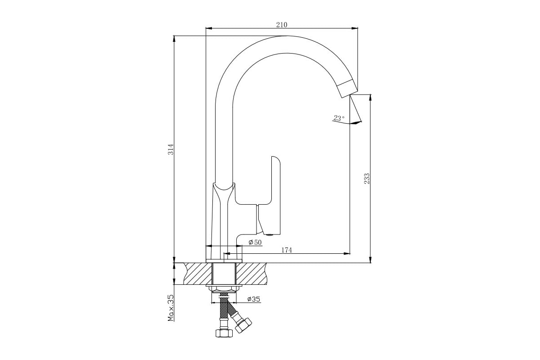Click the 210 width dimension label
pyautogui.click(x=282, y=25)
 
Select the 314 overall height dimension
pyautogui.click(x=171, y=149)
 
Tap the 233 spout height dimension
pyautogui.click(x=367, y=179)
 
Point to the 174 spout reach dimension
pyautogui.click(x=287, y=250)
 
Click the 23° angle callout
pyautogui.click(x=339, y=118)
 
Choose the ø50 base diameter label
pyautogui.click(x=255, y=242)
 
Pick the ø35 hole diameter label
pyautogui.click(x=254, y=299)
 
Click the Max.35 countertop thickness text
pyautogui.click(x=171, y=308)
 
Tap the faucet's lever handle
pyautogui.click(x=269, y=196)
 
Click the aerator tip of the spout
pyautogui.click(x=347, y=88)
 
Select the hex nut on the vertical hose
pyautogui.click(x=224, y=333)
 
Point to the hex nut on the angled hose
pyautogui.click(x=243, y=325)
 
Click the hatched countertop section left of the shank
pyautogui.click(x=198, y=274)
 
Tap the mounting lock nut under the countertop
pyautogui.click(x=224, y=288)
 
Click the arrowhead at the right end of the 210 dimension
pyautogui.click(x=355, y=28)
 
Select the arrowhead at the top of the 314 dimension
pyautogui.click(x=174, y=39)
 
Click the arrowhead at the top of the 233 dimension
pyautogui.click(x=370, y=98)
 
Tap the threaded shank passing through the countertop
pyautogui.click(x=224, y=274)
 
